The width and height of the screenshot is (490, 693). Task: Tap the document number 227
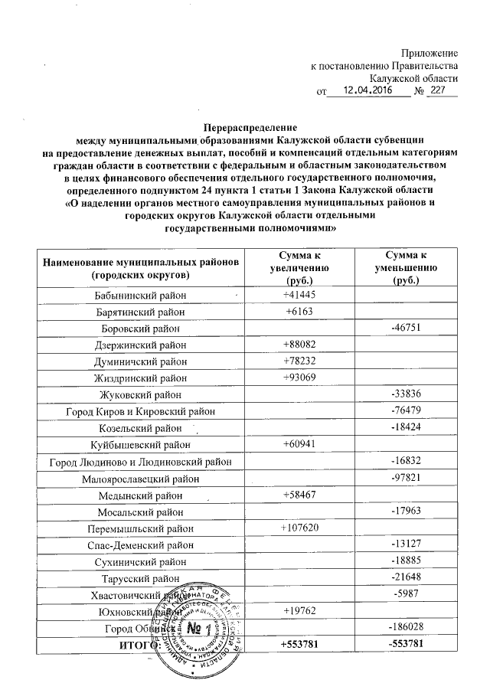click(436, 91)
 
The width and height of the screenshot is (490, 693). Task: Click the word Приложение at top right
click(430, 53)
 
